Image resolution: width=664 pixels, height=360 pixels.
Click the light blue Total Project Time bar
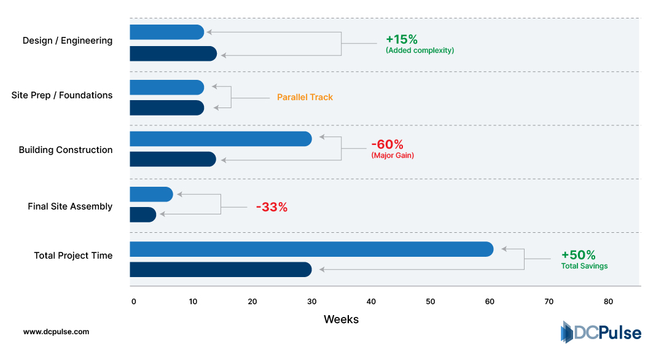click(x=311, y=249)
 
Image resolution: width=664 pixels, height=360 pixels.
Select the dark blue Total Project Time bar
click(x=221, y=270)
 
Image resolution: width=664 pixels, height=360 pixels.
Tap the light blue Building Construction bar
click(x=221, y=139)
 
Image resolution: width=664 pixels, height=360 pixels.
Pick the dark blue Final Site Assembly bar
click(x=143, y=214)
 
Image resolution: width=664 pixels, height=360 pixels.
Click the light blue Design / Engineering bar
click(x=166, y=32)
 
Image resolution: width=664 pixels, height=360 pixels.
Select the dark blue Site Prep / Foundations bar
click(x=166, y=108)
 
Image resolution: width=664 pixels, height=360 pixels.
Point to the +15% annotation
click(x=402, y=39)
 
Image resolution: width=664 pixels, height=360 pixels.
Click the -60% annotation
click(x=387, y=145)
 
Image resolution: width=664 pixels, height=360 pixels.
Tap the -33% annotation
click(x=271, y=207)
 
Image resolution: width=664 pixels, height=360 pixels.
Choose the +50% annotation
click(x=578, y=255)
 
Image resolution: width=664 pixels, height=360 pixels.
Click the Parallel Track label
click(x=305, y=97)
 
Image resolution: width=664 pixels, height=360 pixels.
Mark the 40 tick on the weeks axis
click(x=371, y=302)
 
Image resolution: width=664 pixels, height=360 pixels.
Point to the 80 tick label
click(x=608, y=302)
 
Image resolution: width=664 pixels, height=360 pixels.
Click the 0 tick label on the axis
click(x=133, y=302)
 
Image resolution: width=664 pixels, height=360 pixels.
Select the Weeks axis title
click(x=341, y=319)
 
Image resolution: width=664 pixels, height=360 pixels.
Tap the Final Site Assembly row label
click(x=70, y=206)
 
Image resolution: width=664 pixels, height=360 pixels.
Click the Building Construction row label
click(x=66, y=150)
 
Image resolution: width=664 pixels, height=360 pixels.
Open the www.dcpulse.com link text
click(x=56, y=332)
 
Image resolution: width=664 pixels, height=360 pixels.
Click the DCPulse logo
click(x=600, y=332)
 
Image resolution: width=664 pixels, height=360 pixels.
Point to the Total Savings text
click(x=584, y=266)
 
